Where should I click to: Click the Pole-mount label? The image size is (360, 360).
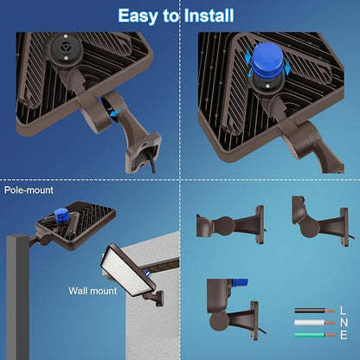[x=28, y=190]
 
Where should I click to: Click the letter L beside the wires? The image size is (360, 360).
[x=344, y=310]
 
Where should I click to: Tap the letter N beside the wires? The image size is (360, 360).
[x=344, y=322]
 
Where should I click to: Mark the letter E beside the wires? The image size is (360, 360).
[x=344, y=334]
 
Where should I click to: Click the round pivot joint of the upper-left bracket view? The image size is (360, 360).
[x=207, y=226]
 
